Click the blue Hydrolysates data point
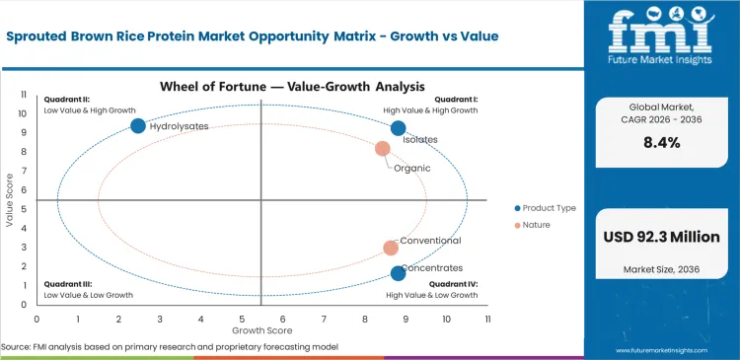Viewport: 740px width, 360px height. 138,125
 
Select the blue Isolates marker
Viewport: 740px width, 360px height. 398,128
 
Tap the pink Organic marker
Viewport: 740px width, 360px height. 383,149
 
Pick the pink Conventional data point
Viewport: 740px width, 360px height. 391,249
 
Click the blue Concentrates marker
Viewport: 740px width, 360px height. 398,273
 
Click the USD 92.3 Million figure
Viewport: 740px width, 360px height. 661,237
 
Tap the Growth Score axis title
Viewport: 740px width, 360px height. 261,330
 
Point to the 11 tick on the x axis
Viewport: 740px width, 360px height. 486,320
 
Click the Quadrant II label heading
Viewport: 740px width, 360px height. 66,99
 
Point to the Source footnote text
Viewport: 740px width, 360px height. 170,347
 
